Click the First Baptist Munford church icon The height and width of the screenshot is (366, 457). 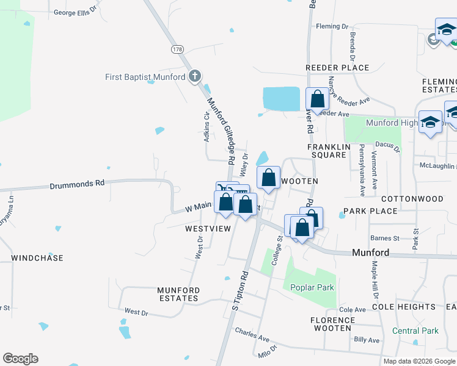[x=195, y=76]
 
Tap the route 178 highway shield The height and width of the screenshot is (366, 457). [x=178, y=49]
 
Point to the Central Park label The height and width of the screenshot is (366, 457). [x=415, y=331]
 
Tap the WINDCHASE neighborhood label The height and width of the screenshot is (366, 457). [x=37, y=258]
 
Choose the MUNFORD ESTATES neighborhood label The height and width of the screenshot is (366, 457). [x=178, y=294]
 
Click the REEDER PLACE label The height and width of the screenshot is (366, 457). [x=338, y=68]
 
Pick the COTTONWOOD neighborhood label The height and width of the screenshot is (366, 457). [x=412, y=199]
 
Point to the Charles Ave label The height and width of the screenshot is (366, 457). [x=252, y=337]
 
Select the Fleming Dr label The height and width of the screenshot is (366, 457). [x=332, y=26]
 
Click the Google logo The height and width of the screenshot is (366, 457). [x=20, y=359]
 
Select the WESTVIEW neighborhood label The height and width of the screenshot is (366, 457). [x=208, y=229]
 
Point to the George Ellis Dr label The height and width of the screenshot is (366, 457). [x=76, y=12]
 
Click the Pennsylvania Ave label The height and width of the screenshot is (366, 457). [x=362, y=170]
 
